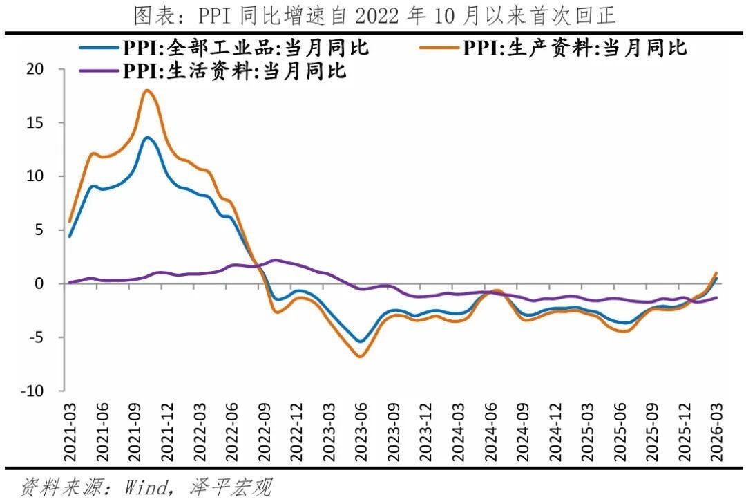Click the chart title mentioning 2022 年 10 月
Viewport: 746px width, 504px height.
pyautogui.click(x=373, y=15)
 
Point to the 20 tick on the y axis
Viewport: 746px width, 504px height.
pyautogui.click(x=35, y=69)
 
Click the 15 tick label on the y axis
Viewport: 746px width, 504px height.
pyautogui.click(x=35, y=123)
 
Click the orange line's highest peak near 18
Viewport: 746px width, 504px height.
pyautogui.click(x=146, y=91)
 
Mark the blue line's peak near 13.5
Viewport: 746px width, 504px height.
pyautogui.click(x=148, y=138)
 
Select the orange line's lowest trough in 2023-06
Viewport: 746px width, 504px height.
pyautogui.click(x=360, y=357)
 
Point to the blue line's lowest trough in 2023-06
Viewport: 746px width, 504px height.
pyautogui.click(x=360, y=342)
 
